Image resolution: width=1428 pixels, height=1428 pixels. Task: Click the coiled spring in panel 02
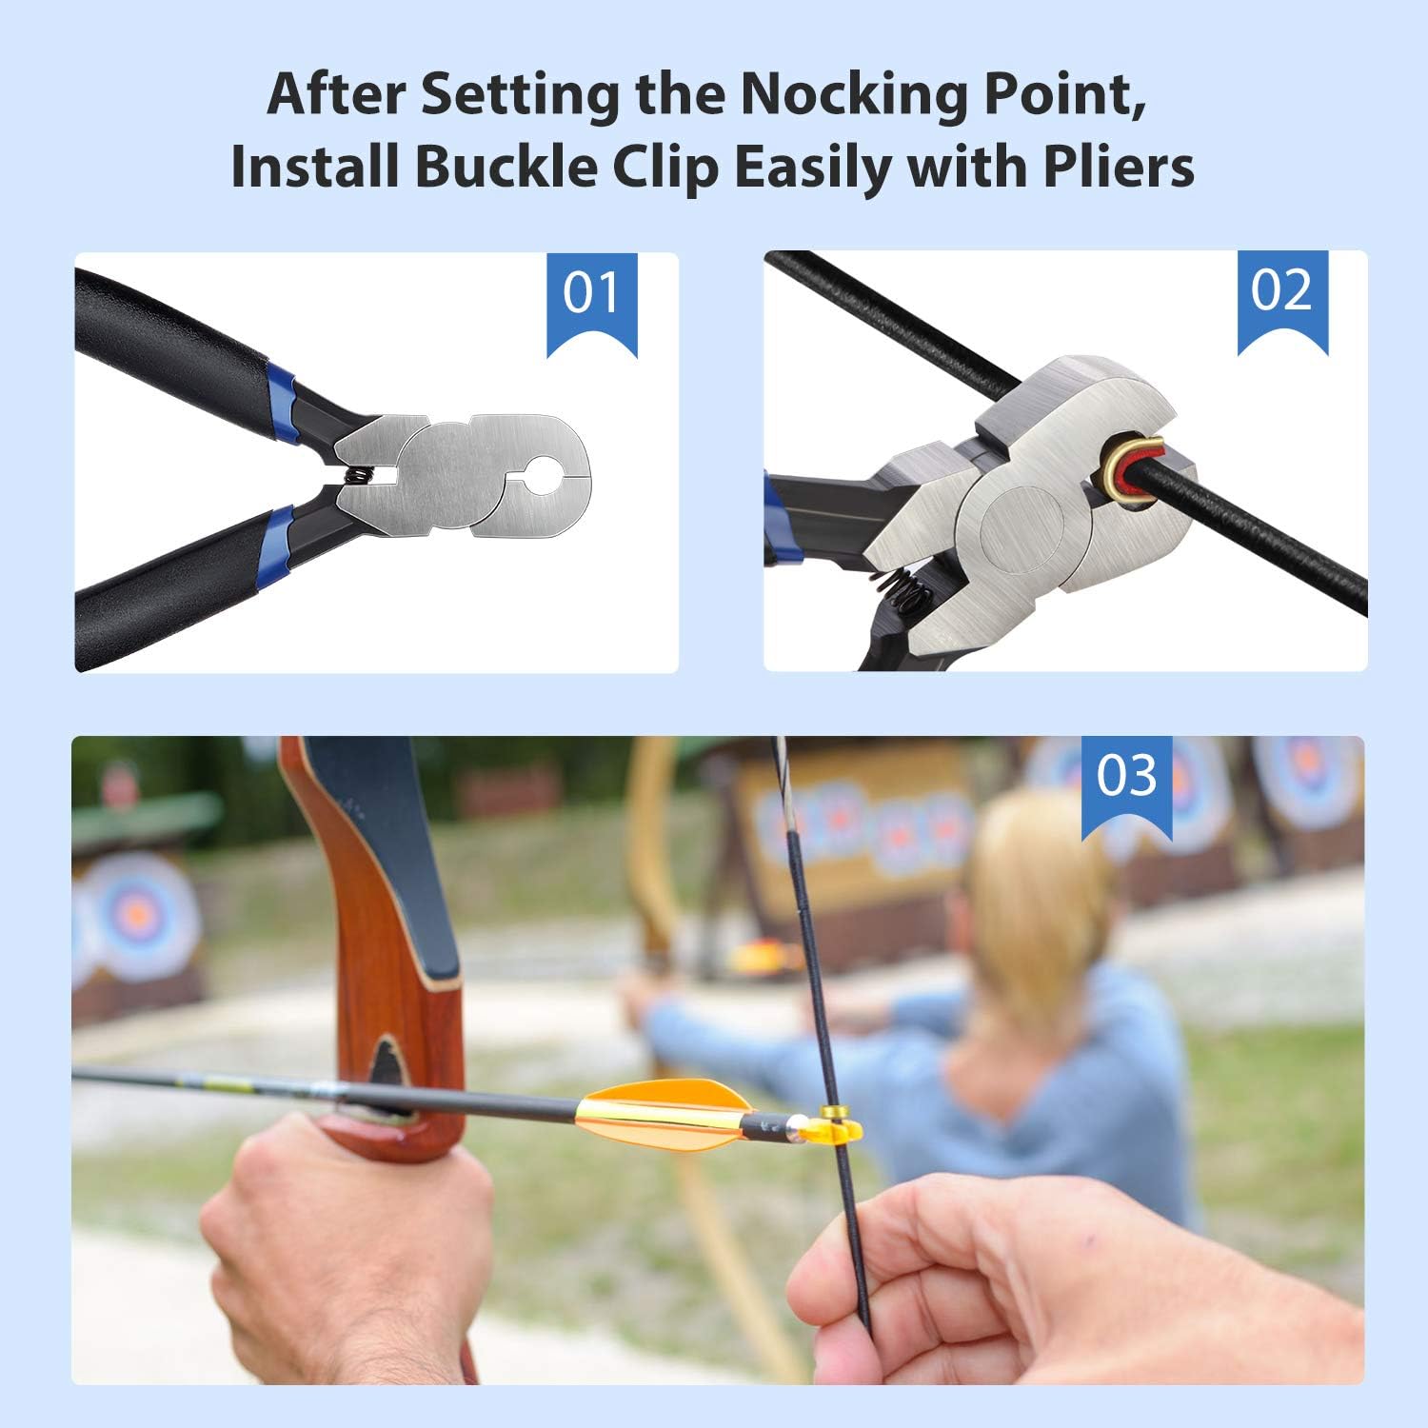[x=902, y=591]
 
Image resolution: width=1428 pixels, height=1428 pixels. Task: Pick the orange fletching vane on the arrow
[x=666, y=1116]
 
